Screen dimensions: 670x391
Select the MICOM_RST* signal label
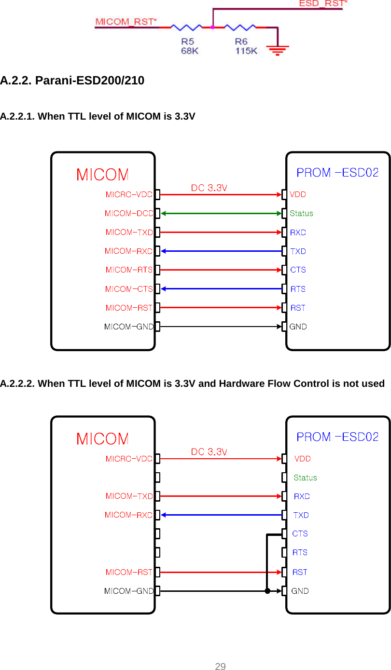tap(126, 22)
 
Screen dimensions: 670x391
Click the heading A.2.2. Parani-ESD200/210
tap(72, 81)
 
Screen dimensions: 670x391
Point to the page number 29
tap(220, 667)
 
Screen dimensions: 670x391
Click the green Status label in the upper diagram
tap(301, 213)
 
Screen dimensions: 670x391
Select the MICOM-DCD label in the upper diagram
tap(129, 213)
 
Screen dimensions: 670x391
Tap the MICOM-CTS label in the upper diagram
tap(129, 289)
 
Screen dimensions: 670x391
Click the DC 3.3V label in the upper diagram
tap(209, 188)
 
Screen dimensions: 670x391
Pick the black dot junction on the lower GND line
tap(267, 591)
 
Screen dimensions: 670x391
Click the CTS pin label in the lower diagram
tap(300, 533)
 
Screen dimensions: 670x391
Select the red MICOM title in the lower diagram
tap(103, 439)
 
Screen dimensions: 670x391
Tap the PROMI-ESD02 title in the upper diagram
tap(337, 172)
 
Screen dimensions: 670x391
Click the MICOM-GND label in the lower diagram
tap(129, 591)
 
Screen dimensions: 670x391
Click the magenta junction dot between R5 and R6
tap(212, 27)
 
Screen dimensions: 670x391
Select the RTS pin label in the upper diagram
tap(298, 289)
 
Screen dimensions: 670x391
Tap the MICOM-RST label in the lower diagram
tap(129, 572)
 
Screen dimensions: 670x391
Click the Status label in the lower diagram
tap(305, 478)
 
